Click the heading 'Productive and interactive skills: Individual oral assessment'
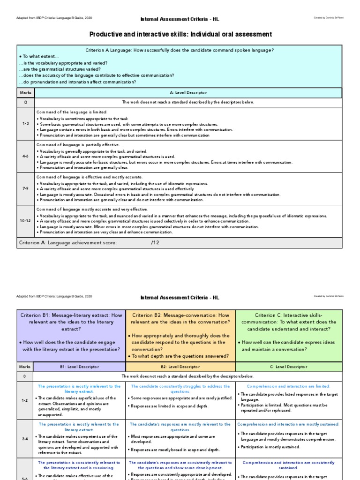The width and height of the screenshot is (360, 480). (x=180, y=34)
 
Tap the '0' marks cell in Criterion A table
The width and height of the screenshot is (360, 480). (x=26, y=102)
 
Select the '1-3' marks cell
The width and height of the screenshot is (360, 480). (x=26, y=124)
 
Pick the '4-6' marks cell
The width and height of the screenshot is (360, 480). (x=26, y=156)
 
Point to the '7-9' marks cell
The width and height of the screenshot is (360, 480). (x=26, y=188)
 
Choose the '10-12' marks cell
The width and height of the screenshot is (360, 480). (x=26, y=220)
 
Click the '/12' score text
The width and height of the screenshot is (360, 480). (x=156, y=243)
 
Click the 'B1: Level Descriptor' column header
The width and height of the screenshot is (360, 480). (x=79, y=367)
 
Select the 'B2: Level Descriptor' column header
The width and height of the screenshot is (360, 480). (x=180, y=367)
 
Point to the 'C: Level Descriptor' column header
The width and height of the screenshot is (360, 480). (x=289, y=367)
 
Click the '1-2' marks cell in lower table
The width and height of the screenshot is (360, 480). (x=25, y=401)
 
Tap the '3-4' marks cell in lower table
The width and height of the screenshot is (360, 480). (x=25, y=438)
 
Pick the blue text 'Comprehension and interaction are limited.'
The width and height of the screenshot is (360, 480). (x=289, y=386)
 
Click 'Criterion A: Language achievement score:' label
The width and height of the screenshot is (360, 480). (x=68, y=243)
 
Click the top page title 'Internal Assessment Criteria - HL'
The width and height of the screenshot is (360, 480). (x=180, y=19)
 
